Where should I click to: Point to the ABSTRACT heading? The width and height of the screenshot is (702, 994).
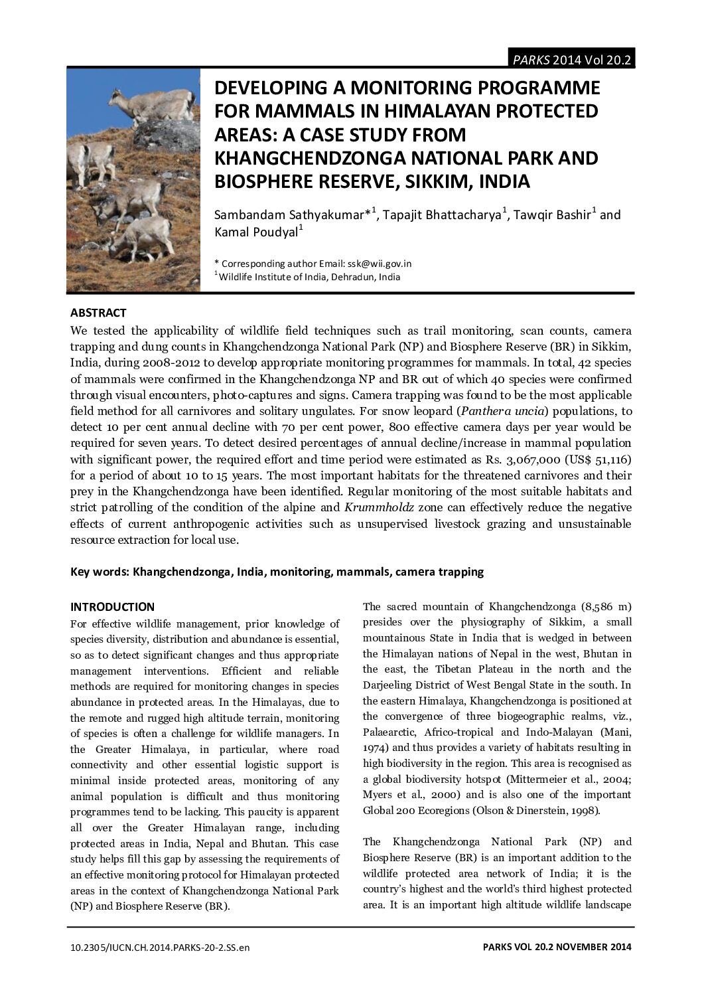pos(98,313)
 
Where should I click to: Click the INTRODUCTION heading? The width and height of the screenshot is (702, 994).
pos(112,607)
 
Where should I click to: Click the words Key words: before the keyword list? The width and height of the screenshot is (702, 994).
pos(100,572)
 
